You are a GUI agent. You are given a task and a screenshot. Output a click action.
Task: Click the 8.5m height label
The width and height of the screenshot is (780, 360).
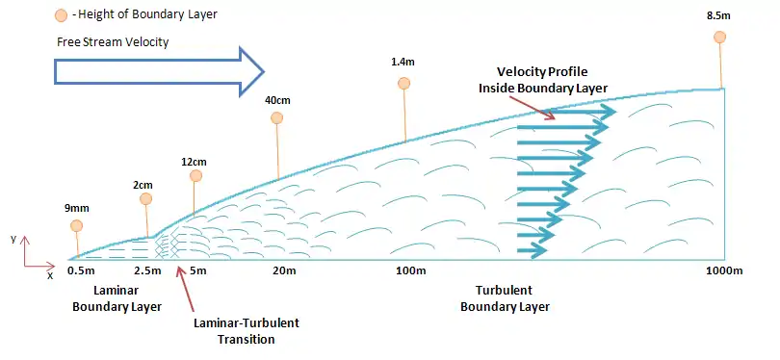click(719, 15)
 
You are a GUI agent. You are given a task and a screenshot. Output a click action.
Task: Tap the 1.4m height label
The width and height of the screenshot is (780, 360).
click(403, 62)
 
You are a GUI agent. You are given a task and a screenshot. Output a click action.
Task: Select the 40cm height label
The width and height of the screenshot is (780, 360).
click(277, 100)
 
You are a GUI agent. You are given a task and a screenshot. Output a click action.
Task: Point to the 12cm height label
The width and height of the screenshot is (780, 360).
click(195, 162)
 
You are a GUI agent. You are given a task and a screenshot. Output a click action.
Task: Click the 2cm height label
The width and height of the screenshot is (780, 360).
click(143, 185)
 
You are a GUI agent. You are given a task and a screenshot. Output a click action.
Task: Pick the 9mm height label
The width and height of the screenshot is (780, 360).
click(77, 208)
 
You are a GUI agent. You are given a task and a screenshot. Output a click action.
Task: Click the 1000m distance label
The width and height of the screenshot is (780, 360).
click(724, 271)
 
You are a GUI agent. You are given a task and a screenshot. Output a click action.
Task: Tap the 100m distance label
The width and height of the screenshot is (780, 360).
click(411, 271)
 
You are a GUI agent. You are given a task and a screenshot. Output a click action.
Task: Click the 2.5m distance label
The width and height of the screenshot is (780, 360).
click(147, 271)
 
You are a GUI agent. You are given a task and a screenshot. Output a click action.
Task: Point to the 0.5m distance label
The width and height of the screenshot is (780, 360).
click(80, 271)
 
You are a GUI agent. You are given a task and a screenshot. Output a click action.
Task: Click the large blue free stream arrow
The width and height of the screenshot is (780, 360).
click(159, 72)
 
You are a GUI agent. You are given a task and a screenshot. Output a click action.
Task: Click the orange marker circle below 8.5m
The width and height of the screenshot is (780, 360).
click(719, 38)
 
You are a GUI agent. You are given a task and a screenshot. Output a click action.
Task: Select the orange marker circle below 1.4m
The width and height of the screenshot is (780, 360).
click(403, 84)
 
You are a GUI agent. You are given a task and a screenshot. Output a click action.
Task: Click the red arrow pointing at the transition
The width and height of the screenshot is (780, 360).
click(187, 293)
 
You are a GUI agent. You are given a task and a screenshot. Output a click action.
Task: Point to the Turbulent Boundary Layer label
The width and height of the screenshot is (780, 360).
click(505, 298)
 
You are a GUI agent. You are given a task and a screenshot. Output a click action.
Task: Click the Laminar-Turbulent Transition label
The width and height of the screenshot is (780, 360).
click(247, 331)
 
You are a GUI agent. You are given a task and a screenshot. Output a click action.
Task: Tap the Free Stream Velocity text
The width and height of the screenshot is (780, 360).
click(113, 42)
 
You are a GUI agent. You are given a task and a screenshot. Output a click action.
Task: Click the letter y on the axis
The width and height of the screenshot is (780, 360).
click(13, 239)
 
